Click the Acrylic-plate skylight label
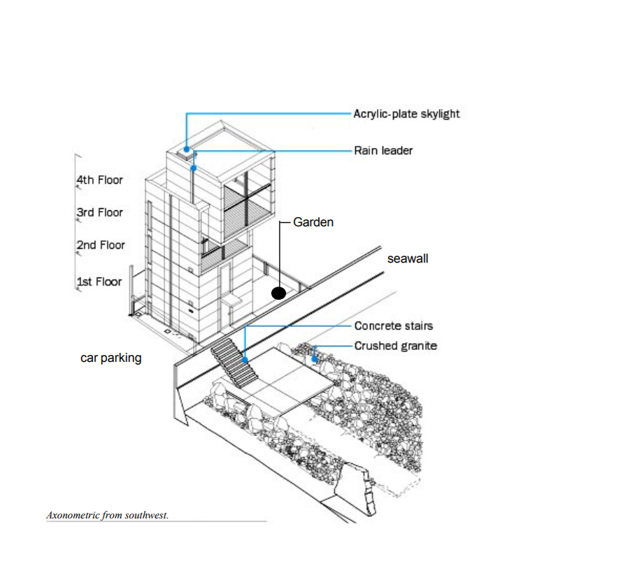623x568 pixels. (x=406, y=113)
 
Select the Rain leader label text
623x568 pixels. (x=383, y=150)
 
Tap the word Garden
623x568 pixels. (x=313, y=222)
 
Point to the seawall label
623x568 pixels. (x=408, y=258)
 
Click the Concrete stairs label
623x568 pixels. (x=393, y=326)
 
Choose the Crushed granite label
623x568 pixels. (x=395, y=345)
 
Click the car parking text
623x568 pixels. (x=110, y=358)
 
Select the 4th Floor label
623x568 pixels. (x=99, y=180)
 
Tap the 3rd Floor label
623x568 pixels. (x=99, y=212)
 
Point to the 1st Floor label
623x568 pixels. (x=99, y=282)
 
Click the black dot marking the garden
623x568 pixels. (x=278, y=293)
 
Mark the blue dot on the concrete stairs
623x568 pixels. (x=245, y=359)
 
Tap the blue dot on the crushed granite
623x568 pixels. (x=315, y=358)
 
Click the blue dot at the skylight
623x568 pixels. (x=187, y=149)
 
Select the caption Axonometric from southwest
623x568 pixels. (x=107, y=516)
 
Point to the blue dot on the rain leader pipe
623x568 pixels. (x=194, y=168)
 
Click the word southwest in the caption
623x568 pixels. (x=146, y=516)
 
